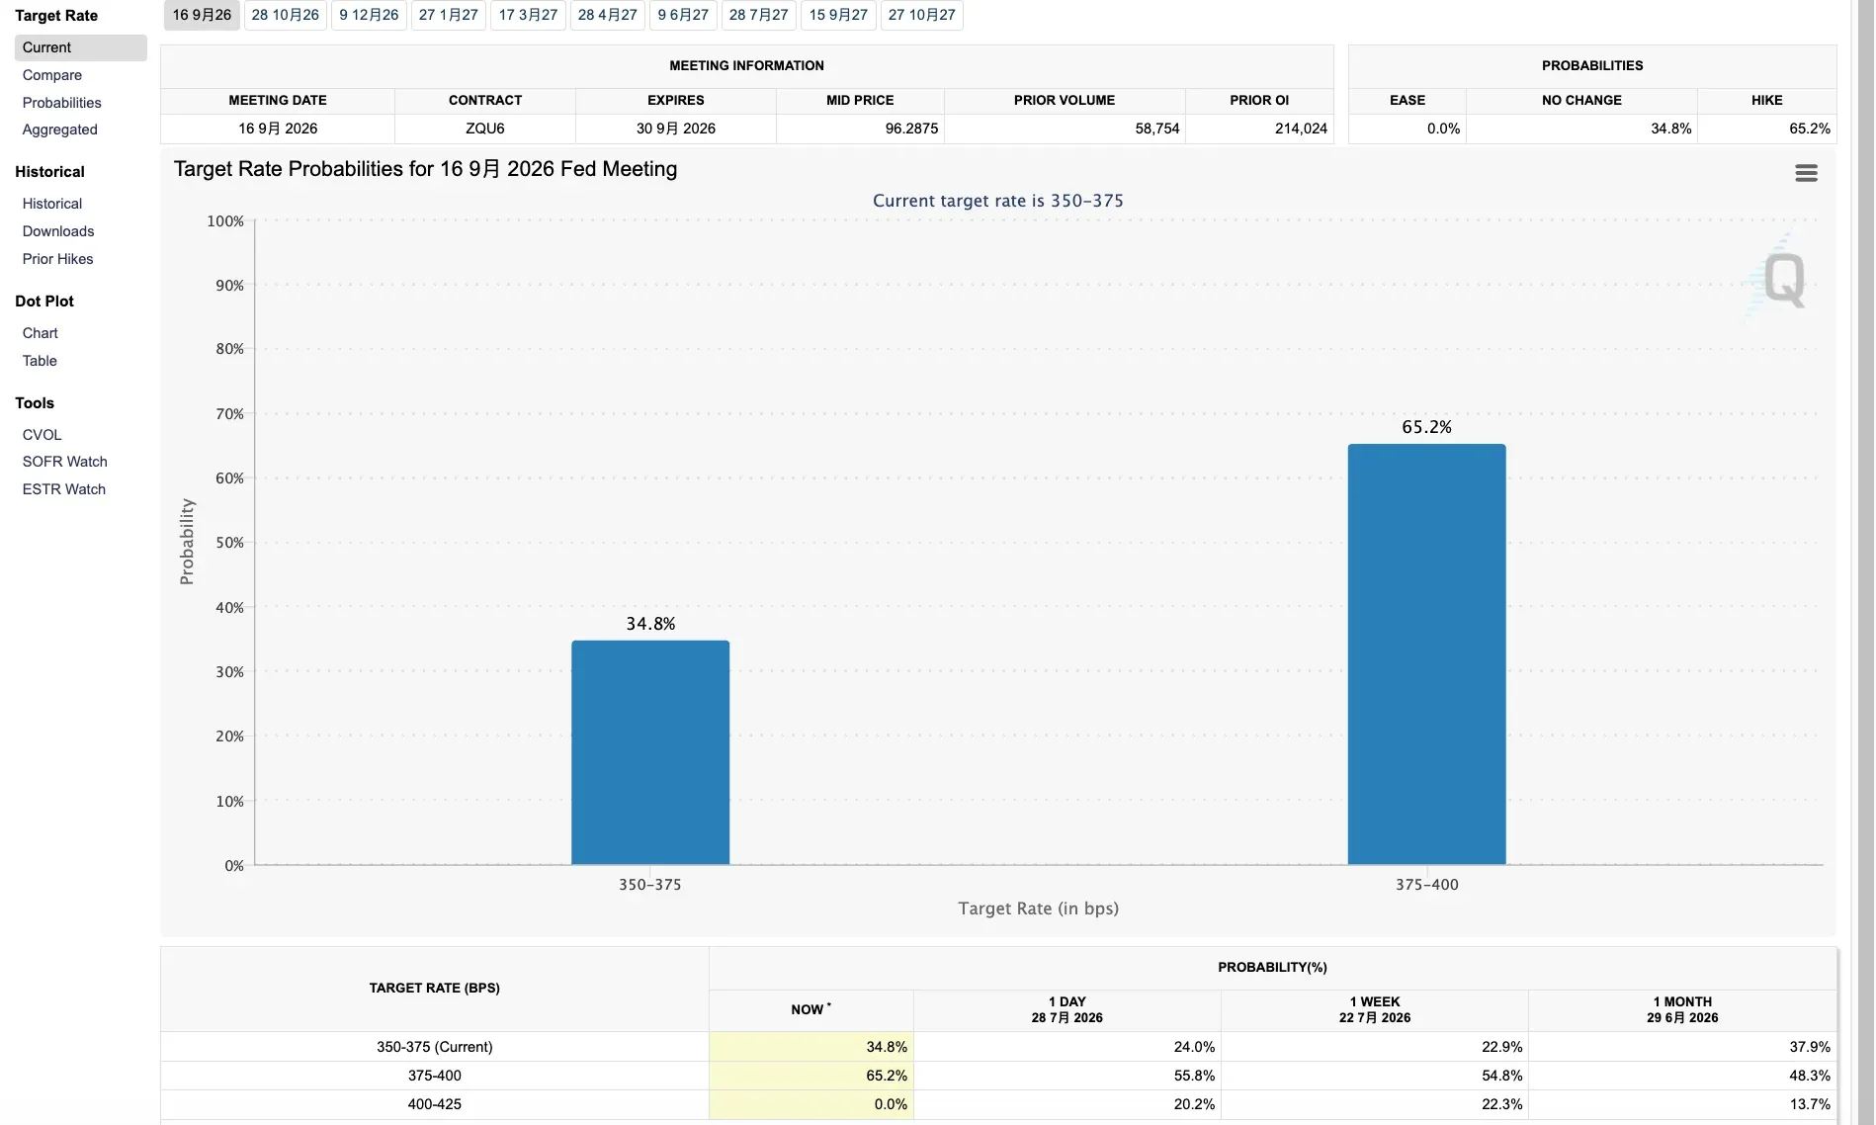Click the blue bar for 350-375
(x=650, y=752)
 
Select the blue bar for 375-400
(x=1426, y=654)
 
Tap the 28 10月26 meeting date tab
(x=285, y=15)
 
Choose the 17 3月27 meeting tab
(x=528, y=15)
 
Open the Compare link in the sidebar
(x=52, y=75)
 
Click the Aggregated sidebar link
(x=60, y=130)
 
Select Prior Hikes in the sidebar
(x=58, y=259)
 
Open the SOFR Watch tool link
(x=65, y=462)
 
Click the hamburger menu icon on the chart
(x=1806, y=174)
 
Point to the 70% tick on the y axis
(x=230, y=414)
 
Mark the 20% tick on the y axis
(x=230, y=736)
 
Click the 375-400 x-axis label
(x=1426, y=885)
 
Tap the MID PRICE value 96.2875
(x=911, y=129)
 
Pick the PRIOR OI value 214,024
(x=1301, y=129)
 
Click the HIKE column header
(x=1766, y=100)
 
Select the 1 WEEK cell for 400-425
(x=1501, y=1104)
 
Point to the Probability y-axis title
(x=187, y=542)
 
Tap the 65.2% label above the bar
(x=1426, y=427)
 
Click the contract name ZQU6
(x=485, y=129)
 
